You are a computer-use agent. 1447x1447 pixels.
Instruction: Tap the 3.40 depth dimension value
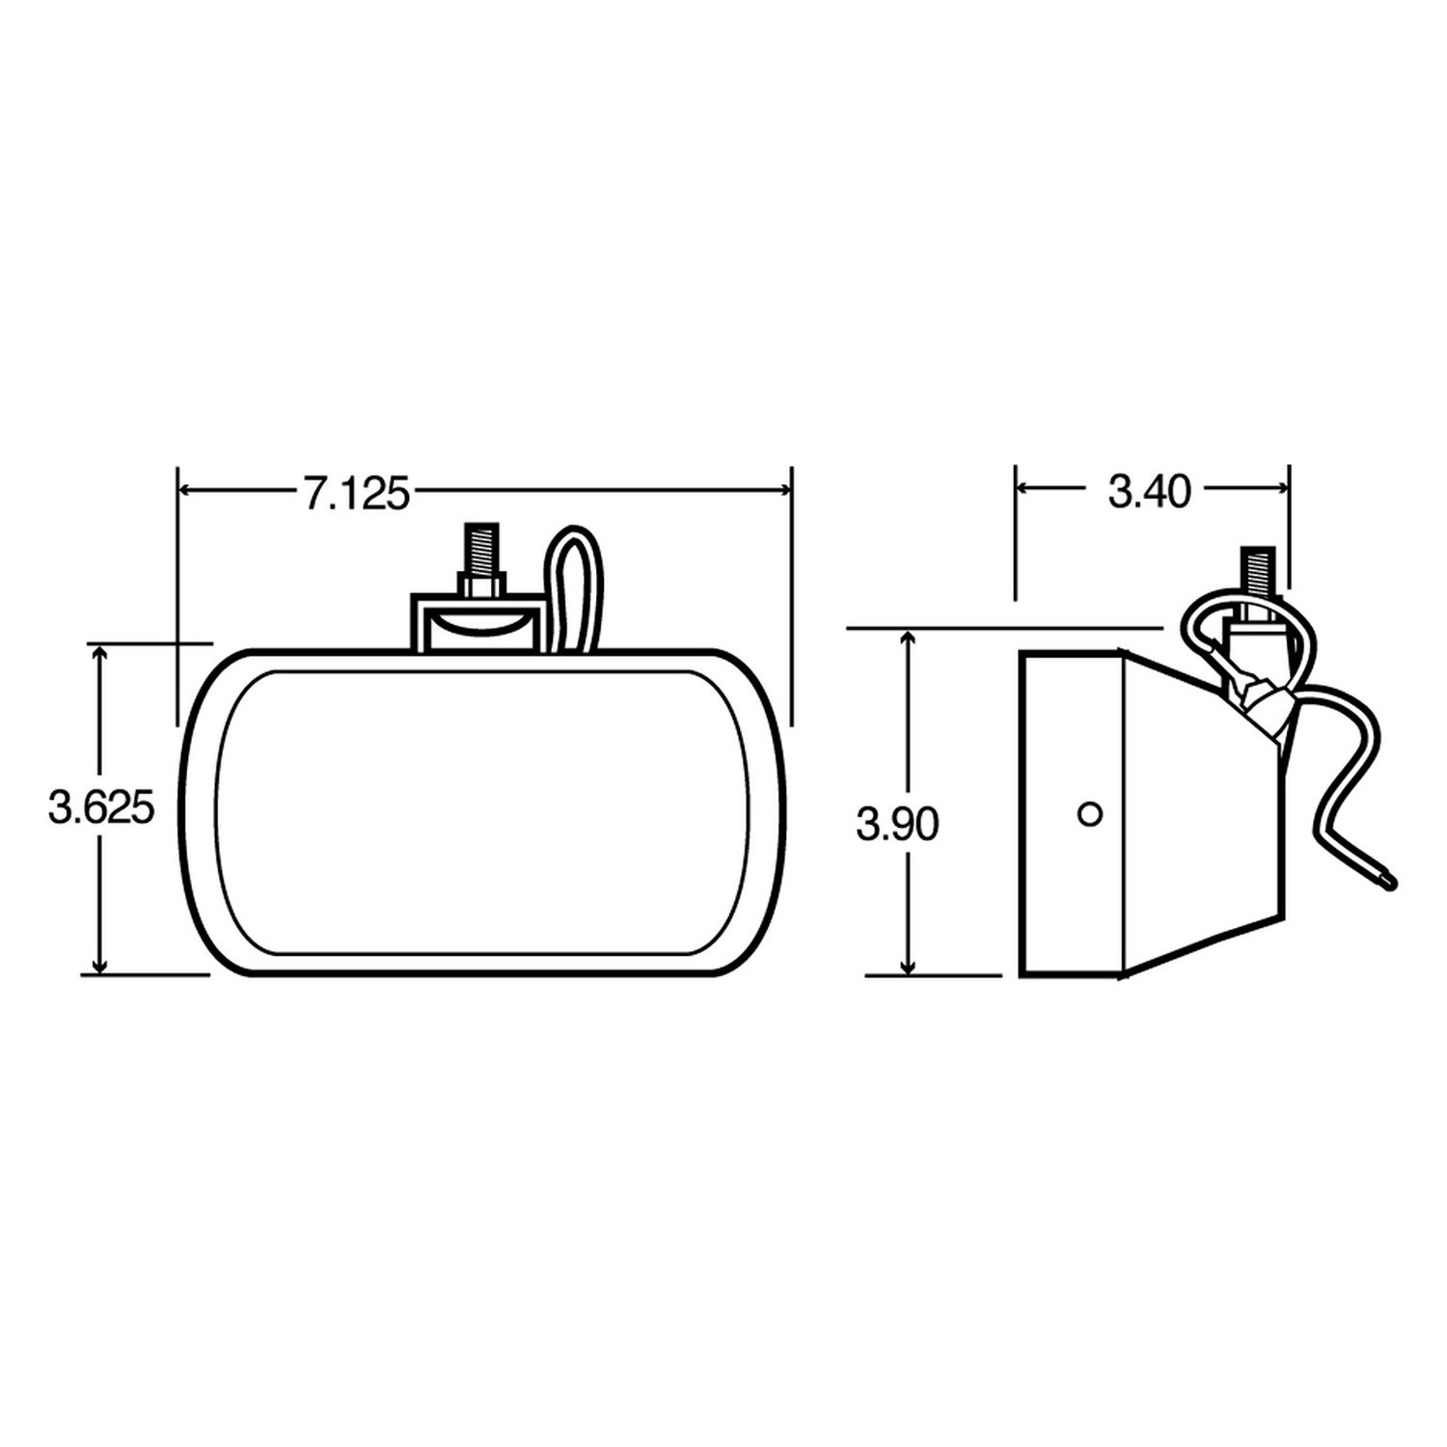click(1150, 493)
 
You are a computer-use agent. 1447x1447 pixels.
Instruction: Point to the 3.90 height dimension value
click(897, 824)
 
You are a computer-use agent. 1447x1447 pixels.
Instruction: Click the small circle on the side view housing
click(1090, 814)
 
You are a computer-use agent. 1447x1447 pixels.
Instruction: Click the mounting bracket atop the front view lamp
click(475, 623)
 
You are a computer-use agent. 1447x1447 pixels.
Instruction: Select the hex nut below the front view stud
click(479, 586)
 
